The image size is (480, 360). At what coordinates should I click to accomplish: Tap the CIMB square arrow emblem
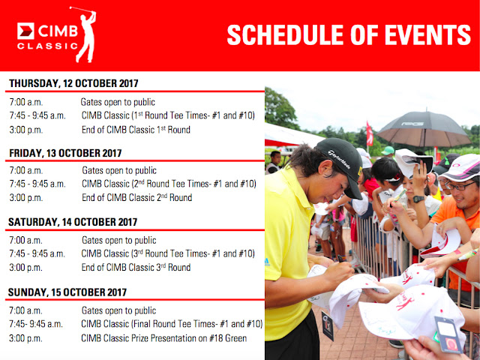(x=25, y=31)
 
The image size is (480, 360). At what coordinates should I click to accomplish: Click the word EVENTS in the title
(x=427, y=35)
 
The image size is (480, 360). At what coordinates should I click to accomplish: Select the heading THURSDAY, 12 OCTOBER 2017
(x=73, y=83)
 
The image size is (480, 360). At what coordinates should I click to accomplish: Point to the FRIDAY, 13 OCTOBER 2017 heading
(x=65, y=153)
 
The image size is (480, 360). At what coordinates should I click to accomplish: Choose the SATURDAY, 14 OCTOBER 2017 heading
(x=73, y=222)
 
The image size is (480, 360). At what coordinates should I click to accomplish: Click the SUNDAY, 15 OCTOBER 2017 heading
(x=67, y=292)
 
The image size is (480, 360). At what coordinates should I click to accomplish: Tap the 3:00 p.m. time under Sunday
(x=25, y=338)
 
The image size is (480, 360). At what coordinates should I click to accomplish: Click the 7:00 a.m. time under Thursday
(x=26, y=102)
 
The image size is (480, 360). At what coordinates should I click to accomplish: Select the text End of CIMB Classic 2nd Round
(x=136, y=197)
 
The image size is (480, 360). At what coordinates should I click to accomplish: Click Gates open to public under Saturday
(x=119, y=240)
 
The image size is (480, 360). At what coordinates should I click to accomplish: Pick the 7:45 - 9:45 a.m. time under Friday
(x=37, y=184)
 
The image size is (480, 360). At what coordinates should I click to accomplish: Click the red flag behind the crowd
(x=370, y=134)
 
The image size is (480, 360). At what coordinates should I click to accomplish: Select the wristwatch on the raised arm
(x=418, y=199)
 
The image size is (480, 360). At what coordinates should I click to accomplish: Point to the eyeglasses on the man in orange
(x=459, y=185)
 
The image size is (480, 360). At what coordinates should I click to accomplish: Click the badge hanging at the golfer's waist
(x=328, y=325)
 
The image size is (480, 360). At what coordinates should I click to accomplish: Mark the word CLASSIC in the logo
(x=47, y=46)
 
